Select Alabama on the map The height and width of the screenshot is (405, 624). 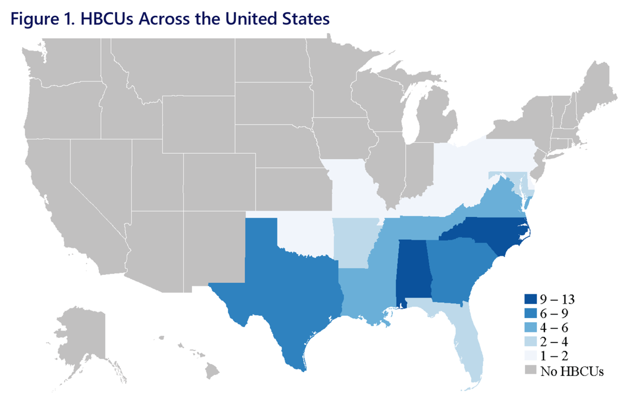point(414,270)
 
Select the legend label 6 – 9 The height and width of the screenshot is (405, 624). point(558,313)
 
